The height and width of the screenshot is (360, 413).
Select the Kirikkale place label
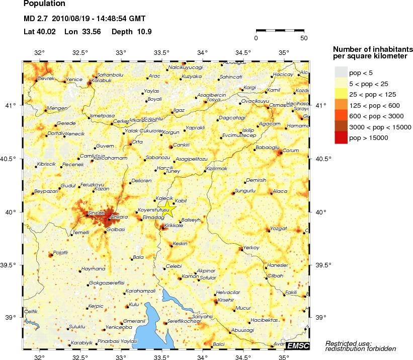point(175,226)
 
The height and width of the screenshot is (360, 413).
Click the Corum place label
point(291,150)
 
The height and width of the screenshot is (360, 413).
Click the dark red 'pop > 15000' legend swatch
point(341,137)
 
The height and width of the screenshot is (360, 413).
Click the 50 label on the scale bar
point(304,38)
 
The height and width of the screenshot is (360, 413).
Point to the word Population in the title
point(44,4)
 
